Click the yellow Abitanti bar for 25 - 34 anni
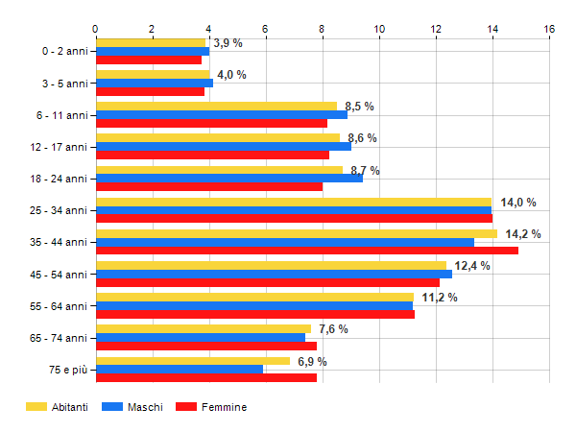pyautogui.click(x=293, y=202)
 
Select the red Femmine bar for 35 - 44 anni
pyautogui.click(x=306, y=251)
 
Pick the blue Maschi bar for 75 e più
pyautogui.click(x=179, y=369)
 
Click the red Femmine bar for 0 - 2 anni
pyautogui.click(x=148, y=60)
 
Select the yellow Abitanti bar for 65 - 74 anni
pyautogui.click(x=203, y=329)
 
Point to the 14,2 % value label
pyautogui.click(x=523, y=234)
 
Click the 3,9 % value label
pyautogui.click(x=228, y=43)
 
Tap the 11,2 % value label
pyautogui.click(x=440, y=298)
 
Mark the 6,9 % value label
pyautogui.click(x=312, y=361)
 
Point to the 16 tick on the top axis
pyautogui.click(x=549, y=29)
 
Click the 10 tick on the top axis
pyautogui.click(x=379, y=29)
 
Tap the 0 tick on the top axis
pyautogui.click(x=96, y=29)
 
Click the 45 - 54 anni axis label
pyautogui.click(x=58, y=275)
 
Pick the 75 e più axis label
pyautogui.click(x=66, y=370)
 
